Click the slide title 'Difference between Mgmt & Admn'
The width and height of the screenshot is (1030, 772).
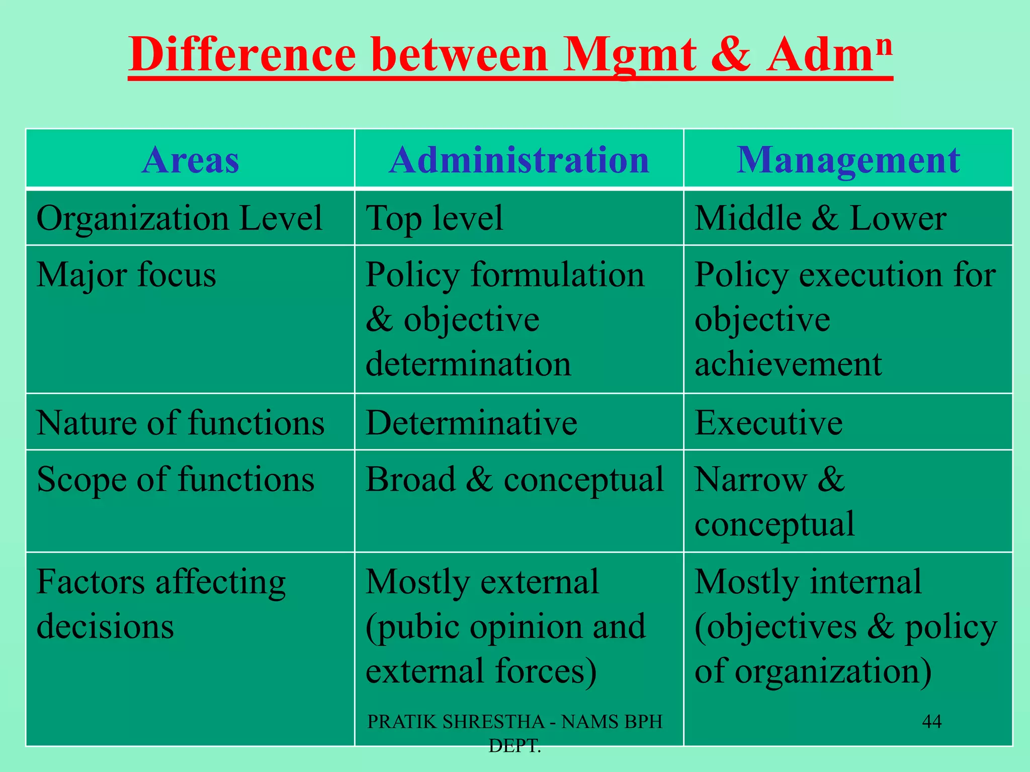[x=510, y=55]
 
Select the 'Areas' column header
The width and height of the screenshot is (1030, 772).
[x=190, y=160]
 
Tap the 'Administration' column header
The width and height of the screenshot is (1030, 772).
[x=519, y=160]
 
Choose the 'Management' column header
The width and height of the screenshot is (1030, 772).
[x=848, y=160]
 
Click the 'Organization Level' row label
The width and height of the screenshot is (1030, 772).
[x=179, y=218]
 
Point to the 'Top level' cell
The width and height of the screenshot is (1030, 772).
[x=434, y=218]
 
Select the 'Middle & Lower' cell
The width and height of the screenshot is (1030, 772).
[x=820, y=218]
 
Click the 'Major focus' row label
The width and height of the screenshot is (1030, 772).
[x=126, y=275]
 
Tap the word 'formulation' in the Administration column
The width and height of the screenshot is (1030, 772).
[x=557, y=275]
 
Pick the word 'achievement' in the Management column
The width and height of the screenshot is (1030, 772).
[x=788, y=363]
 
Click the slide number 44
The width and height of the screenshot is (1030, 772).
[x=931, y=722]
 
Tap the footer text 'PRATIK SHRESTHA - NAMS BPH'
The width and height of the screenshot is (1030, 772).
[x=514, y=722]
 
